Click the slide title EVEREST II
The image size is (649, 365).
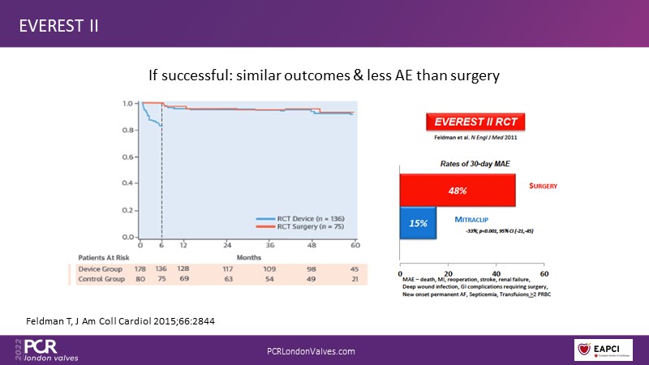[x=59, y=24]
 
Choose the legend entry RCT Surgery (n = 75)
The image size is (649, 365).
[x=303, y=227]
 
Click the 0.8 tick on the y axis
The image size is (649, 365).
[x=127, y=131]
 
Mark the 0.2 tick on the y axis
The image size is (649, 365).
[x=127, y=211]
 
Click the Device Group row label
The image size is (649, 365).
[x=98, y=268]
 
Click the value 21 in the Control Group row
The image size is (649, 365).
[x=355, y=278]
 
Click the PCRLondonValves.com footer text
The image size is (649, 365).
[x=311, y=350]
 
